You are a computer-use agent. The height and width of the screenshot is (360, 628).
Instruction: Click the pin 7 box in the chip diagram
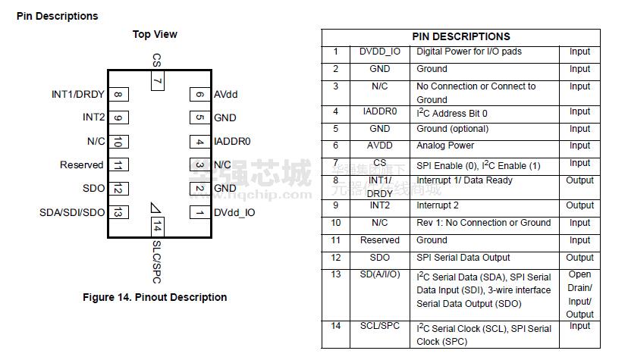157,80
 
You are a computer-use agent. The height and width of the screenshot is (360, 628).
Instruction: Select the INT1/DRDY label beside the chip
78,95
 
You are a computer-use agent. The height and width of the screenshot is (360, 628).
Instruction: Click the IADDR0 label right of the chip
232,141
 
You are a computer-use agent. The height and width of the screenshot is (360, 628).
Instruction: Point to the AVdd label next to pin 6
225,95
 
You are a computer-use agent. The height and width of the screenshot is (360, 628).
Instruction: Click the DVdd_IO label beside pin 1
234,212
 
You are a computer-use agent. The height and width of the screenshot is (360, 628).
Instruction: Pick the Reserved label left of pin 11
81,165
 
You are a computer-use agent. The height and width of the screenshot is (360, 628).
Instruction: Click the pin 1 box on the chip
199,212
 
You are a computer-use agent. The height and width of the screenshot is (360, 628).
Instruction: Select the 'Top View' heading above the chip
155,34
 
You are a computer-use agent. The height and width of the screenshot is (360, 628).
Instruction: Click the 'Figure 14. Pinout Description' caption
155,297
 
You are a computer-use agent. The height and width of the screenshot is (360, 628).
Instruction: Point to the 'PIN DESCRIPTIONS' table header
461,36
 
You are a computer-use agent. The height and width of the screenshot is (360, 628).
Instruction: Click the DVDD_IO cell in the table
380,52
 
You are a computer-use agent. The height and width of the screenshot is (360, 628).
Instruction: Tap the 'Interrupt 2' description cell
438,205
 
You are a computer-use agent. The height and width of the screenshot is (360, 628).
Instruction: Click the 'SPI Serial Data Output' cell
463,258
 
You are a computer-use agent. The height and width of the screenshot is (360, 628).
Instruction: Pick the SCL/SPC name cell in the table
380,327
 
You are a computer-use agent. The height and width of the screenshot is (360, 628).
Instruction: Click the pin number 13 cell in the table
335,274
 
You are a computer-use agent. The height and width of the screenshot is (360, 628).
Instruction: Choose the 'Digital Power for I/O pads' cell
469,52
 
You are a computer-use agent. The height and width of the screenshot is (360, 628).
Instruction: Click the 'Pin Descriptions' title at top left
57,16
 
